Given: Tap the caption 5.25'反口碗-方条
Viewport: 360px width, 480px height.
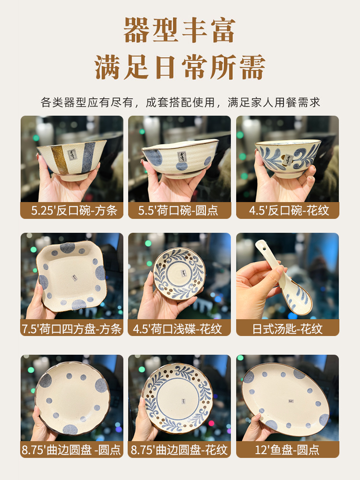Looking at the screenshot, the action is (74, 211).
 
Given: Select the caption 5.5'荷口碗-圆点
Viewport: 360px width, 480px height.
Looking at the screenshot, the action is (178, 211).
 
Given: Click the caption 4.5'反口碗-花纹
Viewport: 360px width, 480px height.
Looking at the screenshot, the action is (289, 211).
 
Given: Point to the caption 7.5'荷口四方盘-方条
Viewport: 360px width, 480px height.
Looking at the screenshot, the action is (72, 329).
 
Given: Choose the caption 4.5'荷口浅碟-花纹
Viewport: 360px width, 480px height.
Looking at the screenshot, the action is (177, 329).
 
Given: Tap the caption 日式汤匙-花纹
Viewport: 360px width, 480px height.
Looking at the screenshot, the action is (288, 329).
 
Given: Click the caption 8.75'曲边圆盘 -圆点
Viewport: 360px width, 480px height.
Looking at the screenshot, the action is (72, 450).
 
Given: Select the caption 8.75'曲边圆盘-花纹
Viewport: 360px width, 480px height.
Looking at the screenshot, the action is (179, 450).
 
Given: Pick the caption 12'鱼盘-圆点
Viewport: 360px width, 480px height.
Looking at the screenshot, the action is (287, 450).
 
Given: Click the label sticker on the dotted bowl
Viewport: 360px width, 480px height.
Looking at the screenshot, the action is (182, 157).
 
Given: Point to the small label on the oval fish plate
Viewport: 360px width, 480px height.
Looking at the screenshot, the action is (291, 400).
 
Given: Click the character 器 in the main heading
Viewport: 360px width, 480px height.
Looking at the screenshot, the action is (138, 30).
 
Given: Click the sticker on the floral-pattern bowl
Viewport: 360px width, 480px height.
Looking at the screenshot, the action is (288, 159).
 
